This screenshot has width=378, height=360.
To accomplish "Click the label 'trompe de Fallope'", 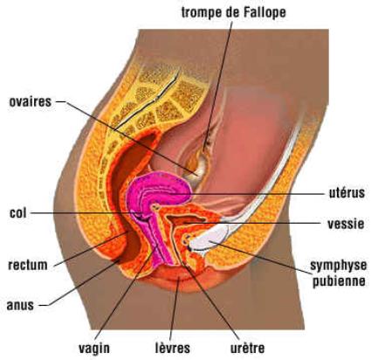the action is coord(234,12).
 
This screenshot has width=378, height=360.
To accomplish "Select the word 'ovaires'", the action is coord(31,101).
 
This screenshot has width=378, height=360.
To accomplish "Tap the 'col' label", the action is coord(18,213).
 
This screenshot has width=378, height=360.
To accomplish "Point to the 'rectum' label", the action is coord(28,265).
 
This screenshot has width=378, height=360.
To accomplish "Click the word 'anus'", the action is coord(20,305).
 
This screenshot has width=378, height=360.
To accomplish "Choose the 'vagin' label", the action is coord(94,348).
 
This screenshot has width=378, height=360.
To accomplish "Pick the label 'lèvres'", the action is coord(173,348).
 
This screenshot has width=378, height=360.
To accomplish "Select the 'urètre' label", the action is coord(248,348).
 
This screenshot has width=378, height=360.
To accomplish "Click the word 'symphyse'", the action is coord(339,266).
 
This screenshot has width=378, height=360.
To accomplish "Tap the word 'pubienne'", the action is coord(339,281).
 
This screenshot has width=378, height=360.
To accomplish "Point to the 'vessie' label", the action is coord(346,224).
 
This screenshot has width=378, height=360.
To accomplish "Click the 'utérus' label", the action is coord(347,193).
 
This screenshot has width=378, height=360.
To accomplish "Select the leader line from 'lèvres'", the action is coord(174,308).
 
